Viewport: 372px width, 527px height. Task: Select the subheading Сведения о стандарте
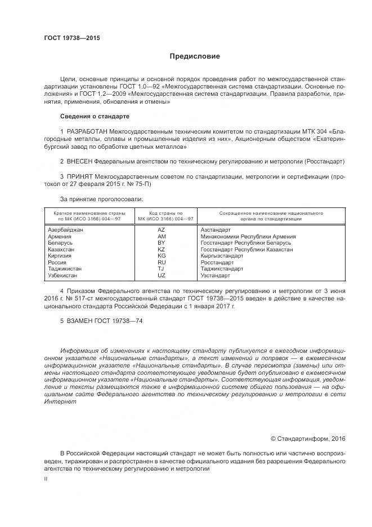95,116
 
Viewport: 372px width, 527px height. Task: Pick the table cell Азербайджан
66,231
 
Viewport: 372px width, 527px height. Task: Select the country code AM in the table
162,237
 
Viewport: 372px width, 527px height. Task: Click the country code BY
162,243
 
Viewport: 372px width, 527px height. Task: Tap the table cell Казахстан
62,249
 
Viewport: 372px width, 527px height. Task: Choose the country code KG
162,256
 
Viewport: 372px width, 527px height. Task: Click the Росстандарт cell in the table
217,263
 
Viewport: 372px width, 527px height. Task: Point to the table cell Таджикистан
65,269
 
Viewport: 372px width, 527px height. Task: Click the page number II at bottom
46,479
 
